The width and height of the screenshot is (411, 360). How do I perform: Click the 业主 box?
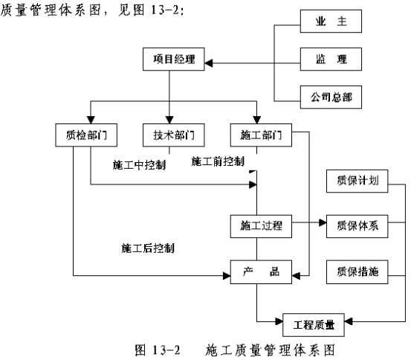pos(331,22)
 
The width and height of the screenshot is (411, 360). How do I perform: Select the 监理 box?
pos(331,59)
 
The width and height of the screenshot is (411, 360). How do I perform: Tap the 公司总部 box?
pos(331,97)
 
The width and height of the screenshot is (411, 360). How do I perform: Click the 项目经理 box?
pos(173,59)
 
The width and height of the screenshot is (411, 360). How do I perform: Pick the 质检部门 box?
pos(86,135)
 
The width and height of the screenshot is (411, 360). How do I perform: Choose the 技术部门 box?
pos(173,135)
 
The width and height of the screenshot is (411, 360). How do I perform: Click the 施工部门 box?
pos(261,135)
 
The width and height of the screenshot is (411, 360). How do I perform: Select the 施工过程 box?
pos(261,226)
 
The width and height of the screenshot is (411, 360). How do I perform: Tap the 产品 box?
pos(261,272)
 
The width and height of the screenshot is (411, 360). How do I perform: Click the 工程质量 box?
pos(314,325)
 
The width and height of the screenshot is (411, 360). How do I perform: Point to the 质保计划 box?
pos(357,181)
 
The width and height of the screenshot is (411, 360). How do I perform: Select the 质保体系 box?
pos(357,226)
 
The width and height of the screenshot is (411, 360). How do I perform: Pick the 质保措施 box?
pos(357,272)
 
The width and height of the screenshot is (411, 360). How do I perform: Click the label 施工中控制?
pos(139,165)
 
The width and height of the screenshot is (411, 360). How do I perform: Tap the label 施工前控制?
pos(218,161)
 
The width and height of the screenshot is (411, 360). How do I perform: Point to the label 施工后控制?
pos(148,248)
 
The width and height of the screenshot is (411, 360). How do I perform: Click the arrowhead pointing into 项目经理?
pos(209,63)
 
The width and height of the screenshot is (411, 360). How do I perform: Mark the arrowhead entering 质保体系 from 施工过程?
pos(323,223)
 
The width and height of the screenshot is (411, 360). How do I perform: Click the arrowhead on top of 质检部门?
pos(91,120)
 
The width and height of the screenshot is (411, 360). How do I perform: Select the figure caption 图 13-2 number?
pos(158,350)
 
